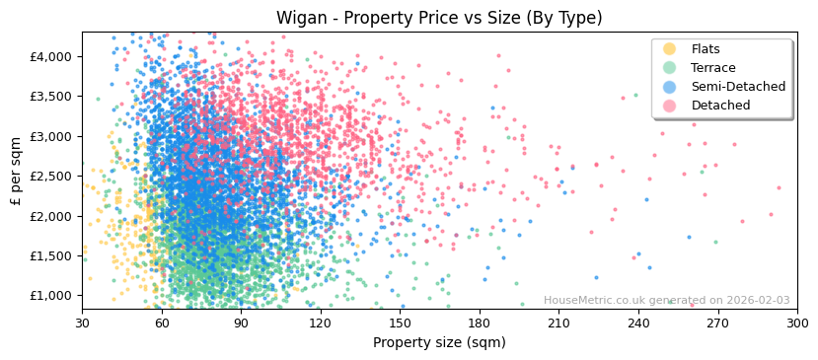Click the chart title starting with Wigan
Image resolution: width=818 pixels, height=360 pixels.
pyautogui.click(x=439, y=18)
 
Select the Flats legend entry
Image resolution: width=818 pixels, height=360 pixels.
pyautogui.click(x=705, y=49)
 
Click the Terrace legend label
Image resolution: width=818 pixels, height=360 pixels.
pyautogui.click(x=712, y=68)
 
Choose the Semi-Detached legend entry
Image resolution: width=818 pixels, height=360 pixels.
pyautogui.click(x=738, y=87)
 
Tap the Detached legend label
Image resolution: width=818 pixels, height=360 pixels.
pyautogui.click(x=720, y=106)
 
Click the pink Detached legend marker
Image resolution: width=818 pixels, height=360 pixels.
pyautogui.click(x=670, y=106)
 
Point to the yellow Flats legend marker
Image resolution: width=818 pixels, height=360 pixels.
pyautogui.click(x=670, y=49)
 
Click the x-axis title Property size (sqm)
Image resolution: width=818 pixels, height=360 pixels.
pyautogui.click(x=439, y=343)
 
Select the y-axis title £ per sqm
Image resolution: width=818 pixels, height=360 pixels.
pyautogui.click(x=16, y=172)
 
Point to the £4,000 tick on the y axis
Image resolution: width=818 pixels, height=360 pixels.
pyautogui.click(x=51, y=56)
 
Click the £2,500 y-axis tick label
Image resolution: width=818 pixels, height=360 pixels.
pyautogui.click(x=51, y=176)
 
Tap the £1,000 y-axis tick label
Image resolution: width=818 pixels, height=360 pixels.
pyautogui.click(x=51, y=296)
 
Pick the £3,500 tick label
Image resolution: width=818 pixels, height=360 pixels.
pyautogui.click(x=51, y=97)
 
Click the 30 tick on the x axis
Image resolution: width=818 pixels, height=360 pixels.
pyautogui.click(x=82, y=323)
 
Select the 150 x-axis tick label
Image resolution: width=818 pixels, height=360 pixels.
pyautogui.click(x=400, y=323)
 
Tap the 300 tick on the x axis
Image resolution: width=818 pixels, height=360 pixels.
pyautogui.click(x=797, y=323)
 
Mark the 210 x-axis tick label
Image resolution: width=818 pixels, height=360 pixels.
pyautogui.click(x=558, y=323)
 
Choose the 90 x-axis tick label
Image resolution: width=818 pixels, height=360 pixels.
pyautogui.click(x=241, y=323)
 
